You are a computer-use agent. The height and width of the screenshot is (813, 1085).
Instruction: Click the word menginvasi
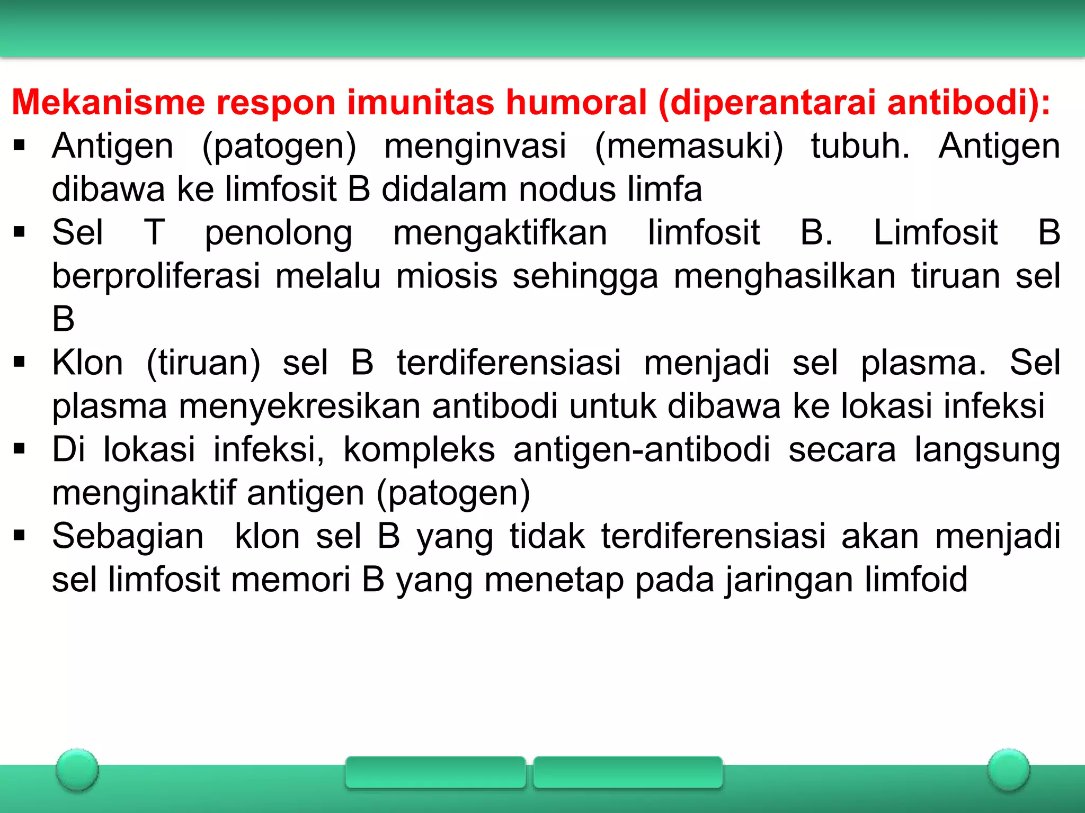475,146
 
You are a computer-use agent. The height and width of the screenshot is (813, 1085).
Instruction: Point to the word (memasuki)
689,146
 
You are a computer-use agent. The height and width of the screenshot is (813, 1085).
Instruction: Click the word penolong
279,233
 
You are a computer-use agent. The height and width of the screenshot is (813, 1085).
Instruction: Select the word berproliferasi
156,276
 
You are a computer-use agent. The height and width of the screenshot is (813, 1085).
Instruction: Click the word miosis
447,276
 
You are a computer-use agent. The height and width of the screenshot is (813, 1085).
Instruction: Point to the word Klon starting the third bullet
87,363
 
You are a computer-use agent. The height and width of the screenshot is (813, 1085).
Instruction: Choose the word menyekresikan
299,406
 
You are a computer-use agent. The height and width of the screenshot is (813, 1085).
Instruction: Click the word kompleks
419,450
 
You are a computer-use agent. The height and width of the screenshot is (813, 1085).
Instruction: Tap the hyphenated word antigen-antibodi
642,450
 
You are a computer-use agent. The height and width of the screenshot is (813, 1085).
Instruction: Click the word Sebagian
128,536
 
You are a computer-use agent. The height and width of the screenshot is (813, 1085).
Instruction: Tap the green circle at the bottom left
77,770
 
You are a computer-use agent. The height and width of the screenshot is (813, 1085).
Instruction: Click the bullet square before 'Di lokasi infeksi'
20,450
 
